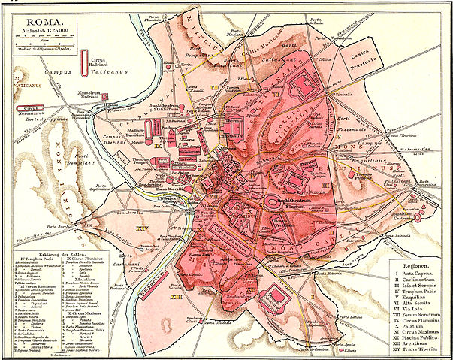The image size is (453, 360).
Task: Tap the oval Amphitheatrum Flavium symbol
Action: coord(278,204)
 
